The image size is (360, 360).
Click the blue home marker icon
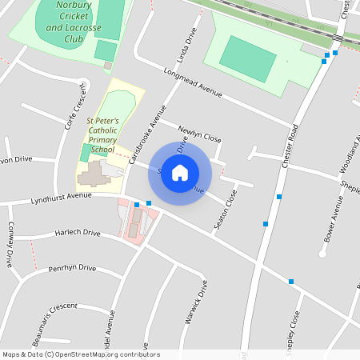180,173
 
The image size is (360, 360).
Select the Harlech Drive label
78,233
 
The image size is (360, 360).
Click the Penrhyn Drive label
72,268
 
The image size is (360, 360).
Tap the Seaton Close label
226,210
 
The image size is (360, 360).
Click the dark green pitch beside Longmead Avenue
247,57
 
